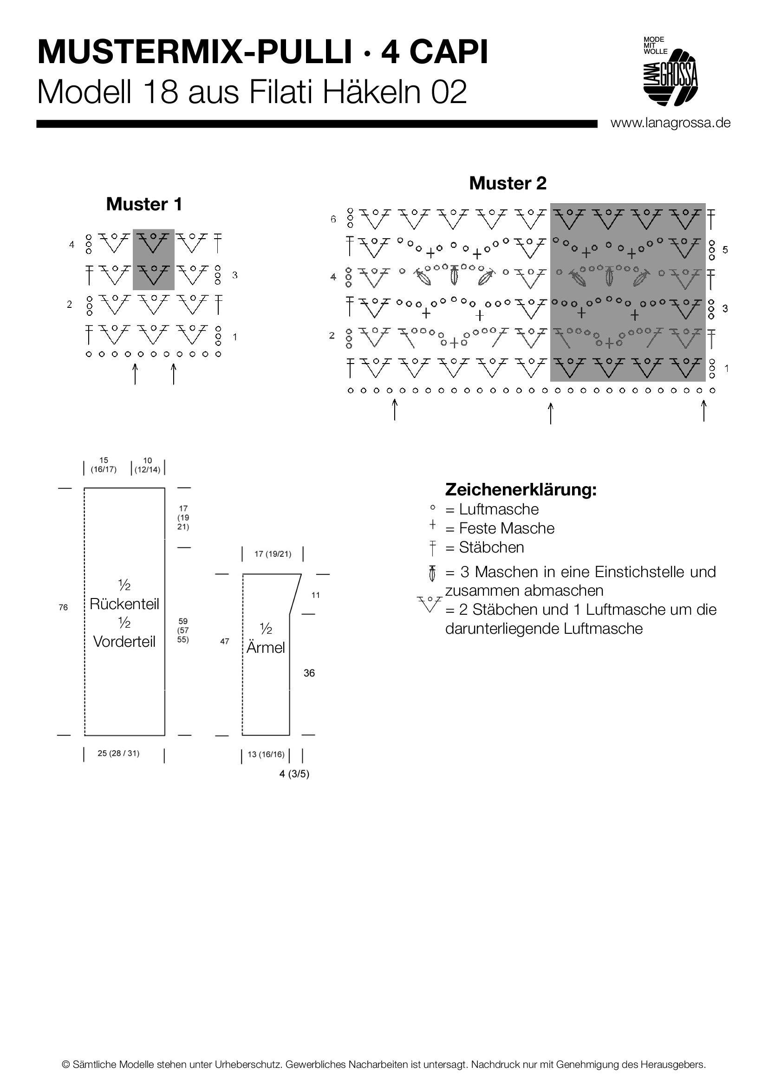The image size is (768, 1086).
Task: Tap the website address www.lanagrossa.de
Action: coord(670,123)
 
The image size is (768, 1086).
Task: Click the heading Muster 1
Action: coord(144,204)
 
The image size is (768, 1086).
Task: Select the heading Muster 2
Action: coord(508,183)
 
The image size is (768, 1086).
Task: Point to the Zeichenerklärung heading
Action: coord(521,489)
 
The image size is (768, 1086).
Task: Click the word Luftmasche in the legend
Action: coord(499,509)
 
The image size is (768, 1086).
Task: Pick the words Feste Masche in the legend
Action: coord(507,528)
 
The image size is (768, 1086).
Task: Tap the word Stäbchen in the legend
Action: coord(491,547)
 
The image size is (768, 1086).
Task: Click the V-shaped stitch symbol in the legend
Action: coord(430,604)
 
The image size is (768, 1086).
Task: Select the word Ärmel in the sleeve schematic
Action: coord(266,648)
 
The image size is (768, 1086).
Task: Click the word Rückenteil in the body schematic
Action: coord(124,604)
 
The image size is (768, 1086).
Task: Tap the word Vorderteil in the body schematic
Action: coord(124,642)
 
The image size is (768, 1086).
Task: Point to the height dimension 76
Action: coord(63,608)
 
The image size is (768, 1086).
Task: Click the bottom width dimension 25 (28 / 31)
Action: coord(119,754)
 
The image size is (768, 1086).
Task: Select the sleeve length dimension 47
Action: coord(225,641)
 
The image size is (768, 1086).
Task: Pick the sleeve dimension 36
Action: coord(309,673)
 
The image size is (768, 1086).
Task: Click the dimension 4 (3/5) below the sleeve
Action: coord(294,774)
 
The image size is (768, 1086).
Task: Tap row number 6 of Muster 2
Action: coord(333,220)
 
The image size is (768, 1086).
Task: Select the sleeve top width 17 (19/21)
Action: coord(273,554)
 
